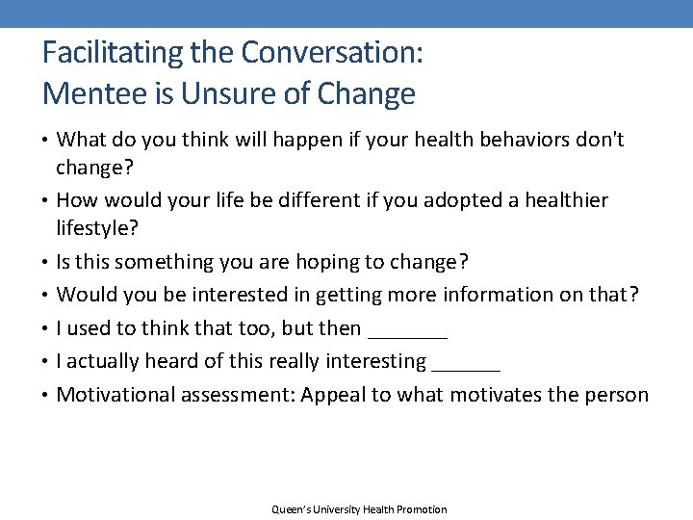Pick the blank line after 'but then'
[408, 329]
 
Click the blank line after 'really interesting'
[467, 362]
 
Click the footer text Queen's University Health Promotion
[359, 509]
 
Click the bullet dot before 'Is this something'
[46, 262]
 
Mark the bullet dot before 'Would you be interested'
[46, 295]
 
